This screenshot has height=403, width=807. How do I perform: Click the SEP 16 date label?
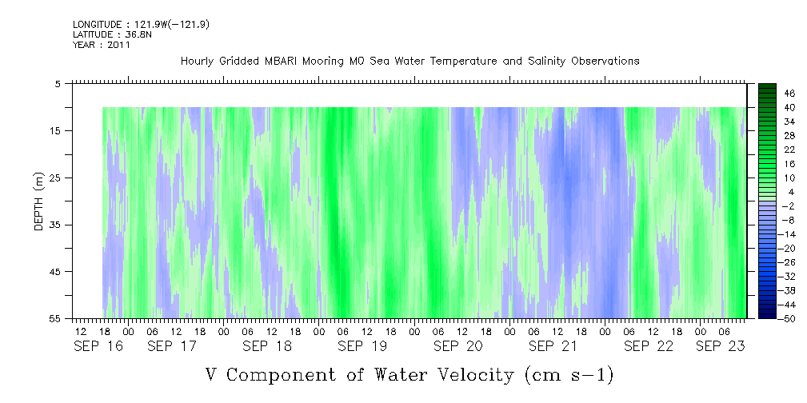[98, 347]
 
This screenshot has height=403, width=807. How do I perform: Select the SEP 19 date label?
[362, 347]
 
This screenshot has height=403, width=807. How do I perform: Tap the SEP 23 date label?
[720, 347]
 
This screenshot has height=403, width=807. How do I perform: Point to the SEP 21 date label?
[553, 347]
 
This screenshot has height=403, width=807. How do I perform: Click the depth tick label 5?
[58, 84]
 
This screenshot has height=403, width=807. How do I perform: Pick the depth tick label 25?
[54, 178]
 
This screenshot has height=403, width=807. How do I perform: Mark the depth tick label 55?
[54, 319]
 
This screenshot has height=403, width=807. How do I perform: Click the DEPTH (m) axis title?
[39, 201]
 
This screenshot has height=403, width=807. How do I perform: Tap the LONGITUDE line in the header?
[141, 25]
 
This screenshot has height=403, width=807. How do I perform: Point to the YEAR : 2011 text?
[102, 45]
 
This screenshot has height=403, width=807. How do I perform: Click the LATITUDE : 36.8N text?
[112, 34]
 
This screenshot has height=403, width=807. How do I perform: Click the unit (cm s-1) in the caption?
[568, 375]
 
